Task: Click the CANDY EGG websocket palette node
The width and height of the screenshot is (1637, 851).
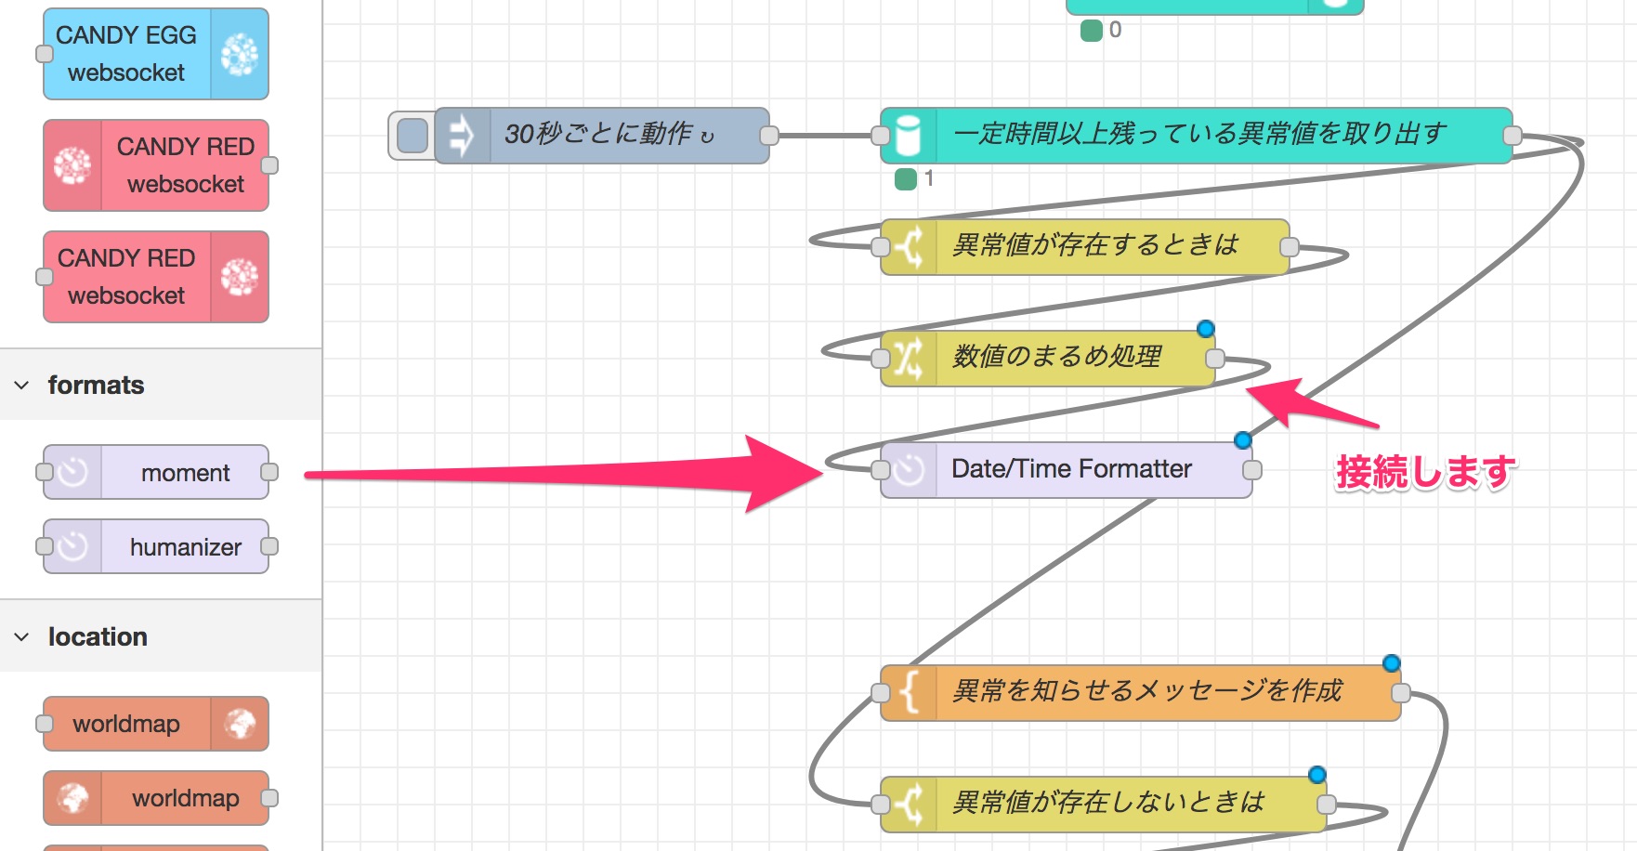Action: [x=156, y=54]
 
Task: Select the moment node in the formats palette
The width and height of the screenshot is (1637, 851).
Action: [x=156, y=472]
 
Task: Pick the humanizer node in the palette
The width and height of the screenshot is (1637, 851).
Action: [x=156, y=546]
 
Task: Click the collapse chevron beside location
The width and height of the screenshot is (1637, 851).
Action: [x=21, y=637]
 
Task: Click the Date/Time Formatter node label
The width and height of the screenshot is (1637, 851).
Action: [x=1071, y=469]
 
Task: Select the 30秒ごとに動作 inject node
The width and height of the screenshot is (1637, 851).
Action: [x=602, y=136]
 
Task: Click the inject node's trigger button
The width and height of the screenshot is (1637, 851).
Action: [x=412, y=136]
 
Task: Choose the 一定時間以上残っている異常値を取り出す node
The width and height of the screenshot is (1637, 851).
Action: [x=1197, y=136]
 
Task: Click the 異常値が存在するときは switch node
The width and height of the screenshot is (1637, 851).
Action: [x=1085, y=247]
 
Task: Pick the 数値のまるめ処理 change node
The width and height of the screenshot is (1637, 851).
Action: [x=1048, y=359]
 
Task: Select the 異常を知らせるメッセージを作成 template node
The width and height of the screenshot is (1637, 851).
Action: [x=1141, y=693]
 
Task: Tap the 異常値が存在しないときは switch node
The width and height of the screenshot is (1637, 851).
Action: [x=1104, y=805]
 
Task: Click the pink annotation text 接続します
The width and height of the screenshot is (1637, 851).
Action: [x=1426, y=472]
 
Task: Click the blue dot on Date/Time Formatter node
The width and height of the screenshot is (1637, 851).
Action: [x=1243, y=440]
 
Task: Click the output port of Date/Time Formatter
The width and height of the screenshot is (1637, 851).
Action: [x=1252, y=470]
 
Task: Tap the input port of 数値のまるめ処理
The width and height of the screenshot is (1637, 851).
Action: [x=881, y=359]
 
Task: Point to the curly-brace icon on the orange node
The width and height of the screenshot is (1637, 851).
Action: [x=910, y=693]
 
